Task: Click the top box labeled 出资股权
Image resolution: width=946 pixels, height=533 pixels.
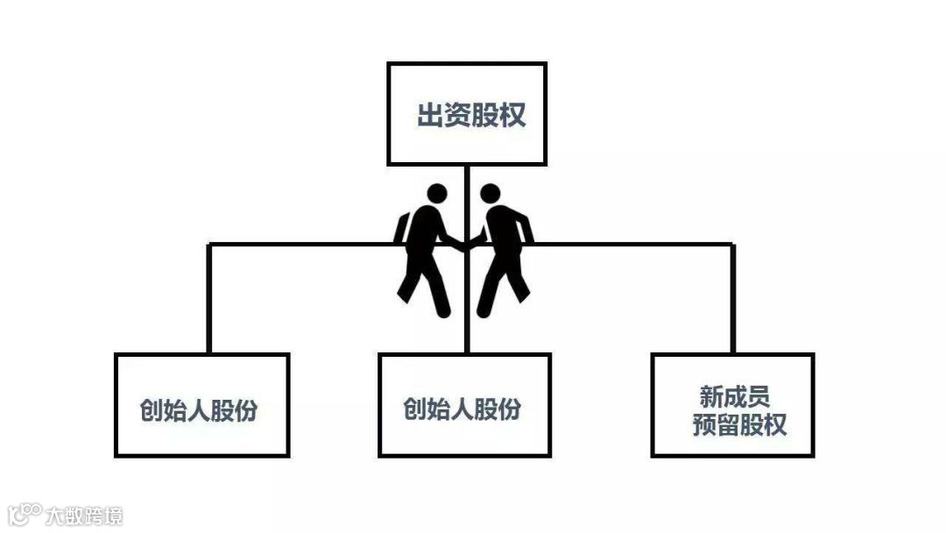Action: pos(467,114)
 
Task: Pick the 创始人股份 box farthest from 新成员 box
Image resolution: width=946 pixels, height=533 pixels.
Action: pos(201,405)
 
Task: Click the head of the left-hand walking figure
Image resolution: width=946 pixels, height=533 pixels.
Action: pos(436,195)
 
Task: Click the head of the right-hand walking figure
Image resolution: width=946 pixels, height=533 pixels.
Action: pos(491,194)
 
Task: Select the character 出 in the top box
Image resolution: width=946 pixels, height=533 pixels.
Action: pos(428,116)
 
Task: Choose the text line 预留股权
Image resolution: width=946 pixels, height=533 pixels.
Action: pos(739,425)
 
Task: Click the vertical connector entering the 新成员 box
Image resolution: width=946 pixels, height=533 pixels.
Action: pos(732,298)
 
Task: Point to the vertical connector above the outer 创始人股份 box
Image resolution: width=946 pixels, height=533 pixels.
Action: pos(209,298)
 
